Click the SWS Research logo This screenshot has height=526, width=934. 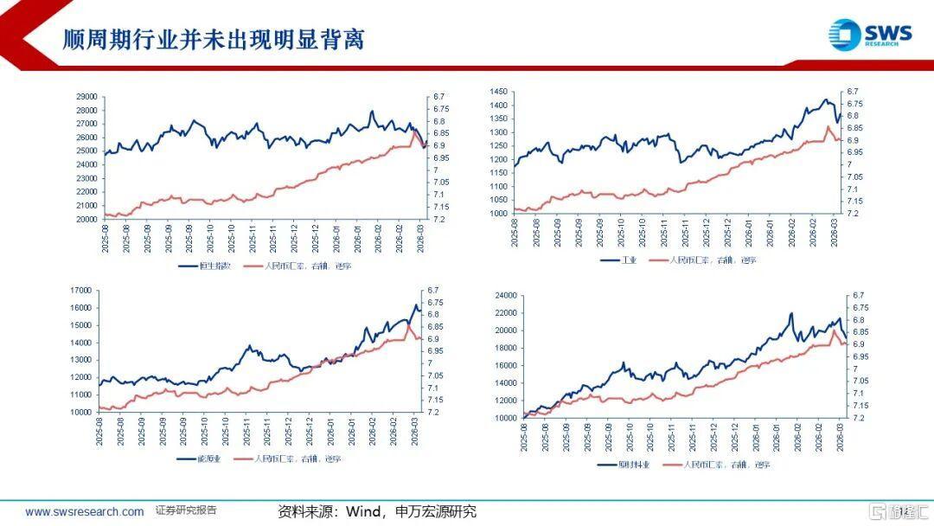(869, 35)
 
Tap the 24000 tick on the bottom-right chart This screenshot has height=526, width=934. (505, 296)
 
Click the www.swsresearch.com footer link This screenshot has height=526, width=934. (85, 512)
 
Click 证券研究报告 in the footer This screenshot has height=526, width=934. (186, 511)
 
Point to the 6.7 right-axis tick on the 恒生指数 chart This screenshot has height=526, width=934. (438, 96)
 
